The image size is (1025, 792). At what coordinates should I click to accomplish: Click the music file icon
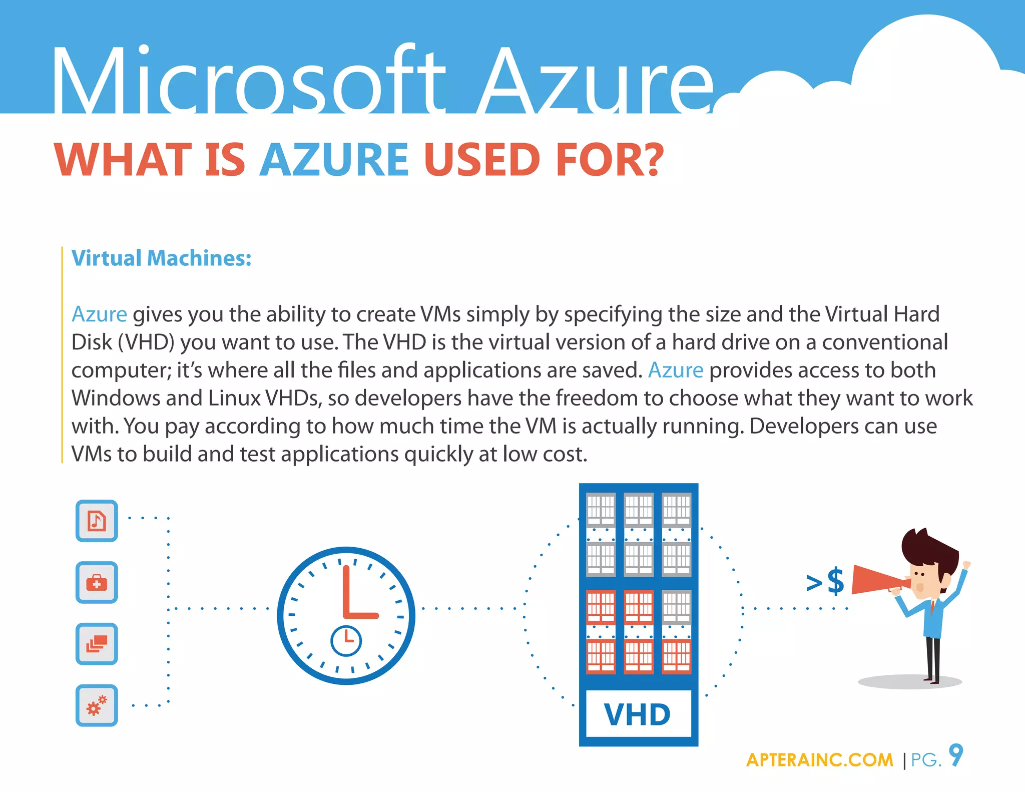pyautogui.click(x=97, y=521)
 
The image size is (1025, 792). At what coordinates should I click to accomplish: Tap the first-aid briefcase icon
pyautogui.click(x=97, y=582)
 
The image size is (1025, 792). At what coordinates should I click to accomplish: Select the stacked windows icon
pyautogui.click(x=97, y=644)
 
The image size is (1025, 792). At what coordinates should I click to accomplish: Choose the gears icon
pyautogui.click(x=97, y=705)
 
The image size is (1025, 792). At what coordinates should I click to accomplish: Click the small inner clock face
pyautogui.click(x=346, y=640)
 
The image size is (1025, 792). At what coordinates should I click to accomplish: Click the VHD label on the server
pyautogui.click(x=638, y=714)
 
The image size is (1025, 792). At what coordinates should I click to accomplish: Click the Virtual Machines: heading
pyautogui.click(x=161, y=258)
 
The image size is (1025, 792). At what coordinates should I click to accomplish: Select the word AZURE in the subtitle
pyautogui.click(x=334, y=160)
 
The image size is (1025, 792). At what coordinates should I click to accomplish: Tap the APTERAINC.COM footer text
pyautogui.click(x=819, y=760)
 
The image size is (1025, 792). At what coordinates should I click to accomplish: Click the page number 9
pyautogui.click(x=956, y=755)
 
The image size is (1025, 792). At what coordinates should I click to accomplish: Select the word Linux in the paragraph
pyautogui.click(x=234, y=398)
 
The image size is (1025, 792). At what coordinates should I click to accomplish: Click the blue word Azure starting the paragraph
pyautogui.click(x=99, y=314)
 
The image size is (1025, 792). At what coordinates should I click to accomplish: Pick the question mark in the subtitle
pyautogui.click(x=652, y=160)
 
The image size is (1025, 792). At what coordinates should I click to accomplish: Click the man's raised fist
pyautogui.click(x=966, y=565)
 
